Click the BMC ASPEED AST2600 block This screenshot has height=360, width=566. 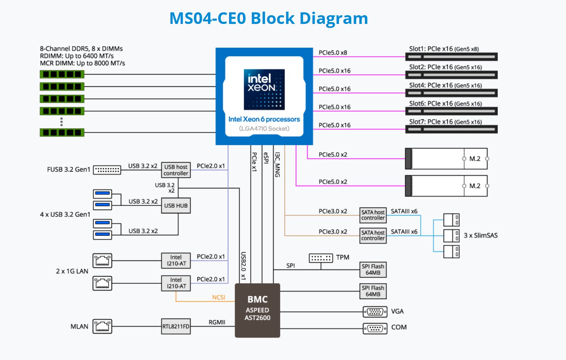[x=257, y=310]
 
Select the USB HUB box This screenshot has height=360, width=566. [x=176, y=206]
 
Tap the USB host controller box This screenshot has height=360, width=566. [x=176, y=170]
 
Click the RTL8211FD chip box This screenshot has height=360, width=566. [x=176, y=326]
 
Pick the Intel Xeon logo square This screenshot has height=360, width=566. [x=264, y=89]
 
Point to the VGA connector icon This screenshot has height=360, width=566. [x=375, y=311]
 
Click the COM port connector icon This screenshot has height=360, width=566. [x=375, y=328]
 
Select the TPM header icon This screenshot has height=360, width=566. [x=321, y=258]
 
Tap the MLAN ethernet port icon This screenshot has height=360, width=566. [x=102, y=326]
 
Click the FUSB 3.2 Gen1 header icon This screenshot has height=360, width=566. [x=107, y=170]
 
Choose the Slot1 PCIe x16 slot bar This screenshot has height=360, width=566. [x=451, y=57]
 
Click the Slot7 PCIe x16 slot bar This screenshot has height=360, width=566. [x=451, y=129]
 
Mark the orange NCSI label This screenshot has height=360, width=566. [x=219, y=297]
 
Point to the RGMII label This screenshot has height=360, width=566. [x=217, y=322]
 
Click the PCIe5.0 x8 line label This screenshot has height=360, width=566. [x=332, y=53]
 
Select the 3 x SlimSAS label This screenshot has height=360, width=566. [x=480, y=235]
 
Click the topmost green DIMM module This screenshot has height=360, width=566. [x=62, y=74]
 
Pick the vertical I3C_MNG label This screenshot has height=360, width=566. [x=277, y=165]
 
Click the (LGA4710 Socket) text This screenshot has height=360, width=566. [x=264, y=128]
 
